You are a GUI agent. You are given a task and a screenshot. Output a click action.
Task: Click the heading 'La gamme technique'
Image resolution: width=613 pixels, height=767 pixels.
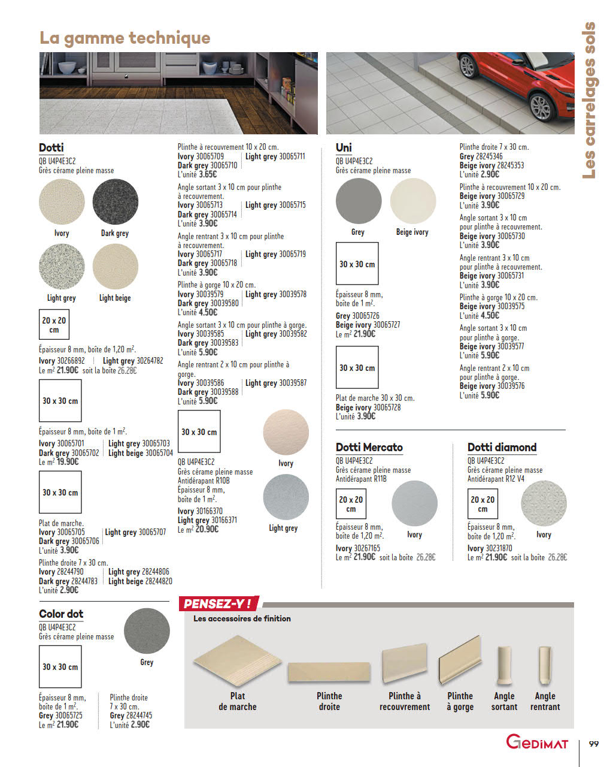(x=125, y=38)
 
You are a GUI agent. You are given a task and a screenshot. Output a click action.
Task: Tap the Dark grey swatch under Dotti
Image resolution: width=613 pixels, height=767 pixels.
(x=115, y=202)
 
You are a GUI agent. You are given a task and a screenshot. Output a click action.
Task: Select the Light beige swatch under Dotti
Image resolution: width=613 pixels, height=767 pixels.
(x=115, y=267)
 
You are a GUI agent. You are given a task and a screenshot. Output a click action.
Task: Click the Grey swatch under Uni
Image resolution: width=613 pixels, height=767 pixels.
(x=358, y=201)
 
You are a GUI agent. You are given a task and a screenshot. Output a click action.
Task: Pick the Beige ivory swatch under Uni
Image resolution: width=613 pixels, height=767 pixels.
(x=412, y=201)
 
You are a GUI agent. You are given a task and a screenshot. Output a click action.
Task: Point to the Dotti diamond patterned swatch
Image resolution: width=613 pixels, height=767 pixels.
(x=544, y=503)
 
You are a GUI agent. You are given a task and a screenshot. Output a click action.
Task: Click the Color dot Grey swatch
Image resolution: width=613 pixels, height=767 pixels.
(x=147, y=631)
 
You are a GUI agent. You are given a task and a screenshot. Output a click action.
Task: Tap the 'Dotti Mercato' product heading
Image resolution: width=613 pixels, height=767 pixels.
(x=369, y=447)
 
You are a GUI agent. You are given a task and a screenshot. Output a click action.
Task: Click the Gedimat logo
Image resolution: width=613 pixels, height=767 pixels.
(x=537, y=742)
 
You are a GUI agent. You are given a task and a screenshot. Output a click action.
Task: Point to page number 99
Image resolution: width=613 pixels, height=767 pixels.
(x=593, y=744)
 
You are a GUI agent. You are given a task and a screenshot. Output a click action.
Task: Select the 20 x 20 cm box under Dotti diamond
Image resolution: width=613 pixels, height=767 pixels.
(x=482, y=504)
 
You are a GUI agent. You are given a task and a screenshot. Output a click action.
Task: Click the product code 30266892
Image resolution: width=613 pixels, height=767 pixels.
(x=71, y=361)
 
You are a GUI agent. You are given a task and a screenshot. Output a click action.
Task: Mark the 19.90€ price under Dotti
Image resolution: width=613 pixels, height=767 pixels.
(x=68, y=462)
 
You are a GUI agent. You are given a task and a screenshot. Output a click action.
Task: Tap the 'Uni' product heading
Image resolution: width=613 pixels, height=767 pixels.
(x=344, y=147)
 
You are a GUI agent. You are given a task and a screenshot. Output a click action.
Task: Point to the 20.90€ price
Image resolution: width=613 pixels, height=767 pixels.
(x=207, y=530)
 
